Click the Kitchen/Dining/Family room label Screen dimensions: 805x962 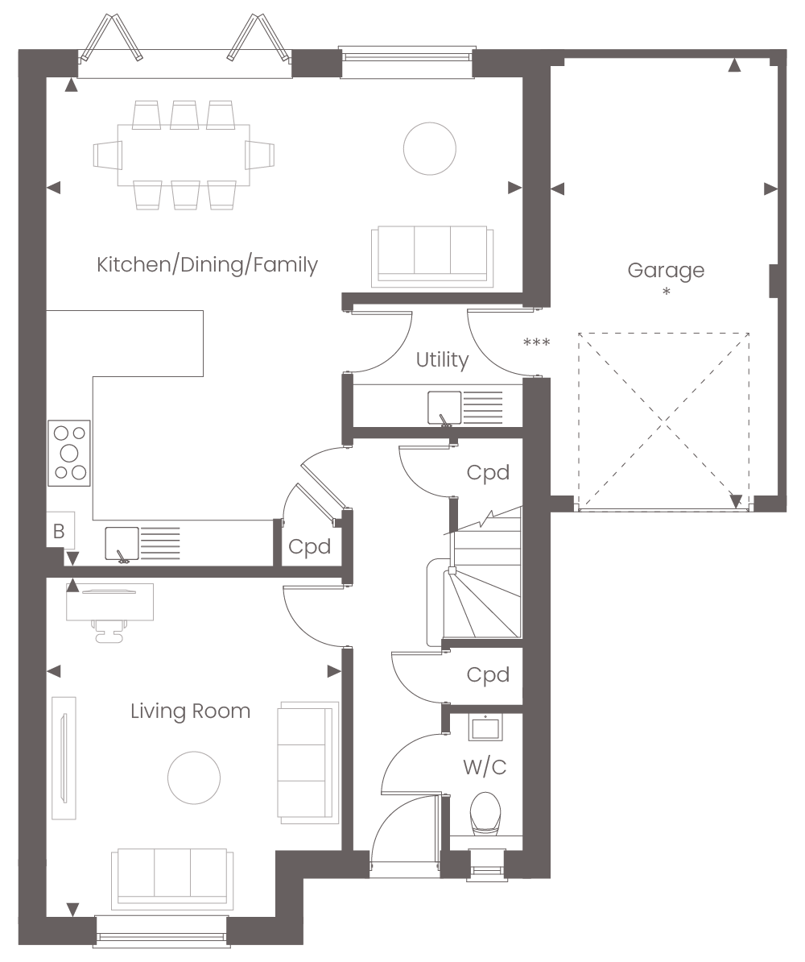[207, 264]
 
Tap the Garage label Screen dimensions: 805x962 [666, 271]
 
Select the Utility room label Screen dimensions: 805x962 [442, 359]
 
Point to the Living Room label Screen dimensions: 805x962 [190, 711]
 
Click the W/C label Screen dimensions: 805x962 [485, 767]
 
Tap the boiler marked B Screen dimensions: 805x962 [60, 531]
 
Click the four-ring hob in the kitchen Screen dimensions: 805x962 [69, 454]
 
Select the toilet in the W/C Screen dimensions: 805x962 [485, 814]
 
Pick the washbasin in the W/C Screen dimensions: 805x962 [485, 728]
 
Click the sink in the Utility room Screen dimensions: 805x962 [464, 408]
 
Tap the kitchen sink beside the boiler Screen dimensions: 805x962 [142, 544]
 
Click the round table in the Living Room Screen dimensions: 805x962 [194, 778]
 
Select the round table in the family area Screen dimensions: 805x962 [430, 148]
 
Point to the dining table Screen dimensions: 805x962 [184, 155]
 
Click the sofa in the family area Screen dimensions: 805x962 [432, 256]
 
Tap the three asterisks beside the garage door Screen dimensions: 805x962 [536, 342]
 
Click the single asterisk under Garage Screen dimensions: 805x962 [667, 292]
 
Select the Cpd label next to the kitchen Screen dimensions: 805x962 [310, 546]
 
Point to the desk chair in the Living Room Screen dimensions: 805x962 [110, 632]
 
